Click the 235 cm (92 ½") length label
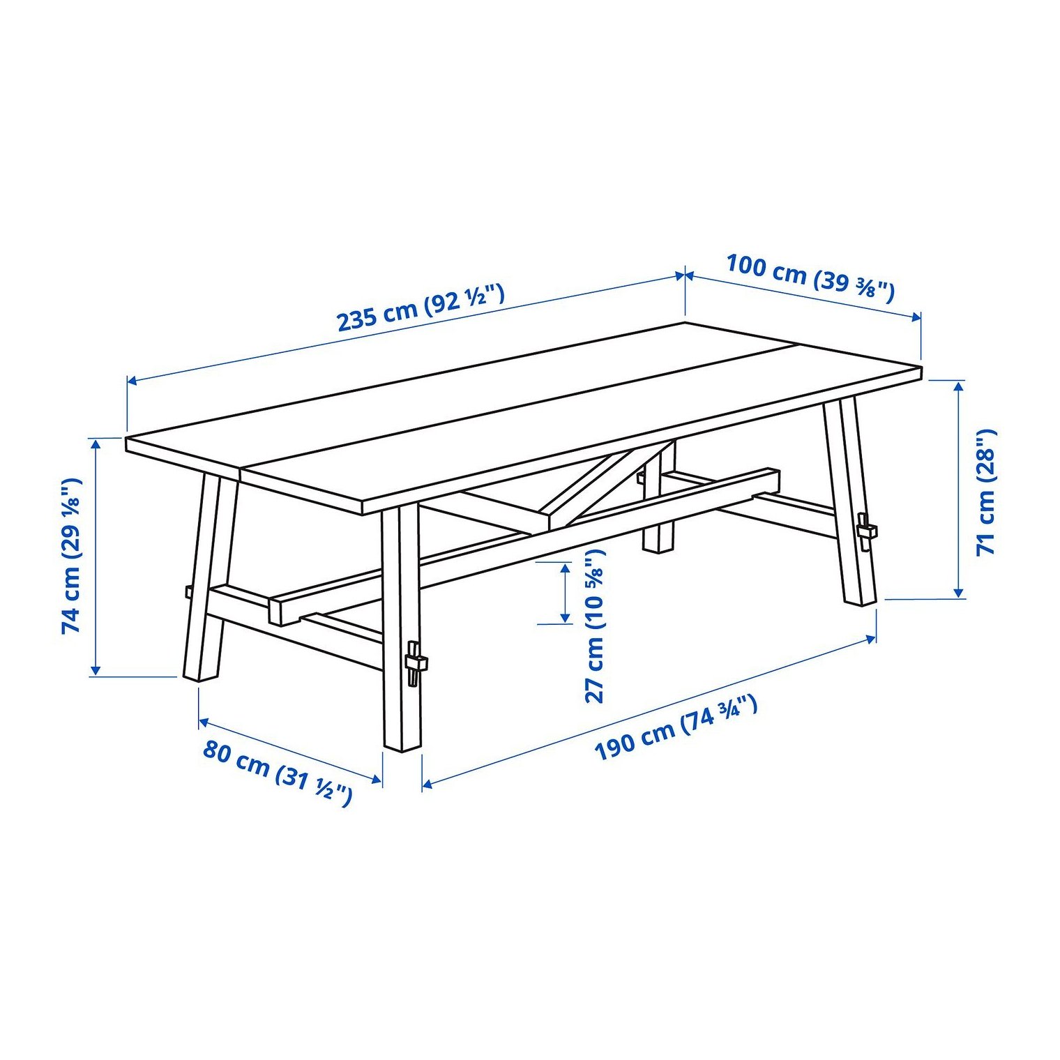point(420,307)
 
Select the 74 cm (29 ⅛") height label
point(72,556)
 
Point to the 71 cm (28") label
point(987,492)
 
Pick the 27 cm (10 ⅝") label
point(595,626)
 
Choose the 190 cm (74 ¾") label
point(675,728)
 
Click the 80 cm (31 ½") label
point(278,773)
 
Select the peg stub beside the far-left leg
point(188,592)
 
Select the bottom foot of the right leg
point(860,599)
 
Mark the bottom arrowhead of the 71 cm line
point(960,593)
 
